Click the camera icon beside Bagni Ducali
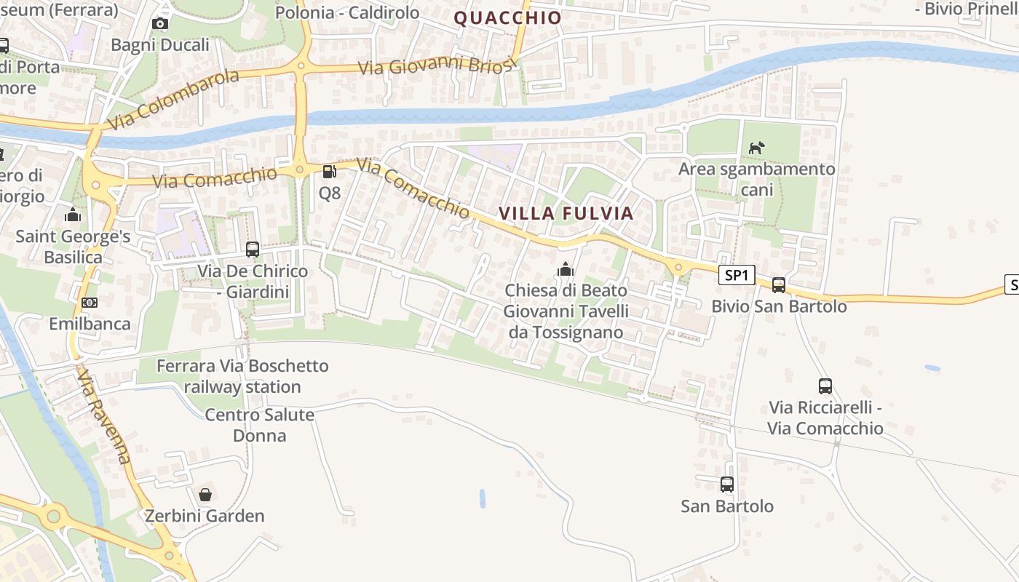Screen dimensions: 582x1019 160,24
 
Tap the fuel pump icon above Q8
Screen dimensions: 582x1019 329,172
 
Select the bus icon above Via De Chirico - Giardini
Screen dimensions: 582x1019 253,250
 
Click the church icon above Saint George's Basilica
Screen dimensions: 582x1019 73,215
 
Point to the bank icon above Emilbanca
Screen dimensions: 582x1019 90,302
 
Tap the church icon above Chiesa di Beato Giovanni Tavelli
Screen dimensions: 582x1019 566,269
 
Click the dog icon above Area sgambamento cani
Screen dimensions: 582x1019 757,148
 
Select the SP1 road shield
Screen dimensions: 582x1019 737,275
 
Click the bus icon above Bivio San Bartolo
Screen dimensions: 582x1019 779,284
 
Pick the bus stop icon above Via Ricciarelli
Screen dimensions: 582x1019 825,386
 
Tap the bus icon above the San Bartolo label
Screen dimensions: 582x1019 726,484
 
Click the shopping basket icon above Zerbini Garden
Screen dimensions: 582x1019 206,495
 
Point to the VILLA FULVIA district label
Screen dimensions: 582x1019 566,213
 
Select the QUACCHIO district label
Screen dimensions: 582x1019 508,18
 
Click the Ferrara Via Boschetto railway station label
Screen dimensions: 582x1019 242,376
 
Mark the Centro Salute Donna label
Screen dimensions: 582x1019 260,426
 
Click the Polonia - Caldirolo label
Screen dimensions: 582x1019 348,12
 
